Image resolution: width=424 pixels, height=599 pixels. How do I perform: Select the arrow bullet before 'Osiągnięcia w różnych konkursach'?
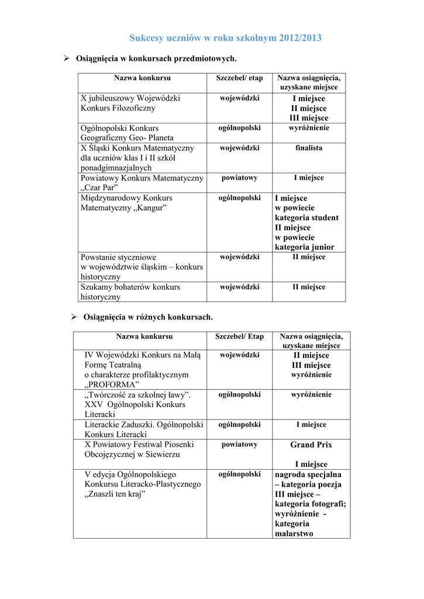(74, 316)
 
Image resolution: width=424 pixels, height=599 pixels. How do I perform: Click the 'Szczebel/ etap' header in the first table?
(240, 78)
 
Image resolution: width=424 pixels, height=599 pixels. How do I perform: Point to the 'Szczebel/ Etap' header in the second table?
(240, 336)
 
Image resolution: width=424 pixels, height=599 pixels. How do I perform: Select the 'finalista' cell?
(309, 148)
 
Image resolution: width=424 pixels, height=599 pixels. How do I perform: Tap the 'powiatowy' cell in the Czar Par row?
(240, 178)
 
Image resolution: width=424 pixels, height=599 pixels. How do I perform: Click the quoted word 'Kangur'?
(150, 208)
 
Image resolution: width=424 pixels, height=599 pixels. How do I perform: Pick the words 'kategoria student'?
(306, 218)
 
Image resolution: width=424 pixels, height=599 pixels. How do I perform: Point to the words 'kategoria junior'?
(304, 247)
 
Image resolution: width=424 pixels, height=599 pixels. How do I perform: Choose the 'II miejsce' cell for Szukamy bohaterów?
(309, 287)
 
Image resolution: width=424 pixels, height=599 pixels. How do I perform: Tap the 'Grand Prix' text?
(311, 445)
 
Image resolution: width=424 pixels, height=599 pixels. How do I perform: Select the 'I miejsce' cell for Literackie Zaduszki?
(311, 425)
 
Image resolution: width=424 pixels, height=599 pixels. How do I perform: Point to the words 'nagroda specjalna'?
(308, 474)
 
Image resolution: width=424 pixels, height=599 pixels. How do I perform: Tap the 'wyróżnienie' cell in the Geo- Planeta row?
(309, 128)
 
